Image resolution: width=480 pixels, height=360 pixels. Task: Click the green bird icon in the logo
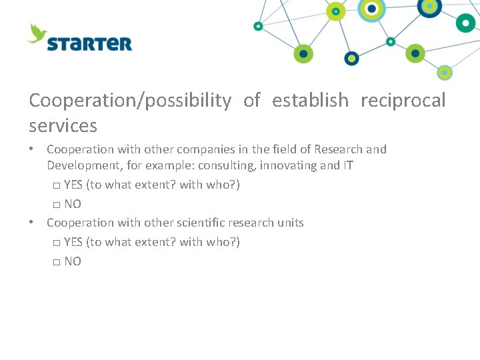(x=38, y=33)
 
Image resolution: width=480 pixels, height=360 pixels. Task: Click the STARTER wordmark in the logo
(x=89, y=44)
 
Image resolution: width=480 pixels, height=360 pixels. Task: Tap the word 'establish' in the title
(x=310, y=100)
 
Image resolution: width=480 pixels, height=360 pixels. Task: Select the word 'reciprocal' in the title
(x=403, y=100)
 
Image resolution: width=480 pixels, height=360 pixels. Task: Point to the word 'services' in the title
(x=63, y=125)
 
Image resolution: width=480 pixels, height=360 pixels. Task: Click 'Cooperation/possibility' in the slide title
(x=130, y=100)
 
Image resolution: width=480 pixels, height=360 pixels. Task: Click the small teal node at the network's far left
(x=258, y=26)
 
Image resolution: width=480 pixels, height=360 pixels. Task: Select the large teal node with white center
(x=465, y=23)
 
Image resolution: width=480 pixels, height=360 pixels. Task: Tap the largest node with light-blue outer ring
(x=371, y=9)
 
